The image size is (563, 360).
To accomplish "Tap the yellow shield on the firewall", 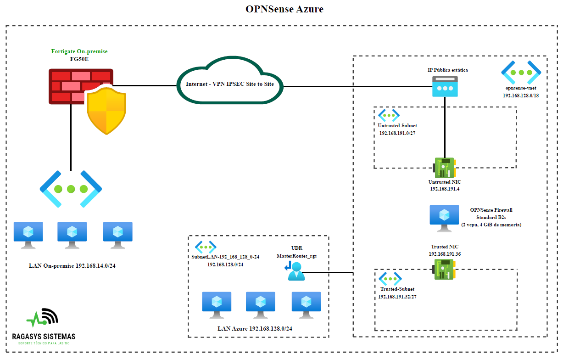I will (x=106, y=111).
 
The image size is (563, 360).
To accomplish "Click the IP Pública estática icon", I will (x=445, y=86).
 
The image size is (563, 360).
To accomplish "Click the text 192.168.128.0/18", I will (x=521, y=96).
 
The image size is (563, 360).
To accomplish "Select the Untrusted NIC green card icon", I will (x=444, y=168).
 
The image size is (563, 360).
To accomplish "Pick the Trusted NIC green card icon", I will (x=444, y=268).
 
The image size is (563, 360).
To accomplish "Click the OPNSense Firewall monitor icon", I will (x=444, y=218).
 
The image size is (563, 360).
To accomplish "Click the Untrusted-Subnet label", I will (x=397, y=125).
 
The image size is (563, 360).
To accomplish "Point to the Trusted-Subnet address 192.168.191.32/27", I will (x=397, y=297).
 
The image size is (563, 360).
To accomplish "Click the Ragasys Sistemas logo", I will (x=44, y=326).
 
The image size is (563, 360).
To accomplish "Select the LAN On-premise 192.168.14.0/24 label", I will (x=72, y=265).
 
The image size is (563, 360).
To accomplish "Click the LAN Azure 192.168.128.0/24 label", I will (x=255, y=328).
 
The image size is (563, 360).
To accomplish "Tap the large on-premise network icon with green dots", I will (x=71, y=189).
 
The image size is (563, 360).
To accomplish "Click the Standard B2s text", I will (x=491, y=217).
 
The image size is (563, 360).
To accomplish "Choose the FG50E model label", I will (x=79, y=59).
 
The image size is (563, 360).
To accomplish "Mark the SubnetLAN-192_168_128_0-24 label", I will (x=225, y=257).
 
